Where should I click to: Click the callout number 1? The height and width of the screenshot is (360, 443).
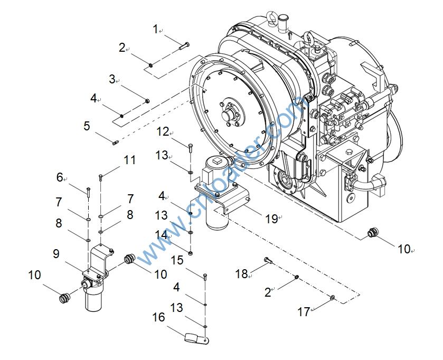(x=155, y=30)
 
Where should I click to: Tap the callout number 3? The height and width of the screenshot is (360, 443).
(x=112, y=79)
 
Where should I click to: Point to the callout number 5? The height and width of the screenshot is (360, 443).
(x=87, y=126)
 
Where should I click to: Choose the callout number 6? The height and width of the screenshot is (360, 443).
(x=60, y=177)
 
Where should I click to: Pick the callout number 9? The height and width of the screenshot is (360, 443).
(x=56, y=254)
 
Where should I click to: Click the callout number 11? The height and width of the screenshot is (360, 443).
(x=129, y=159)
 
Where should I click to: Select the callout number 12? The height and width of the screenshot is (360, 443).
(x=163, y=131)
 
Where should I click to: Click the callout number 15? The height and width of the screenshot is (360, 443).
(x=177, y=260)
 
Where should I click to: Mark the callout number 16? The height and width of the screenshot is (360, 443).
(x=158, y=317)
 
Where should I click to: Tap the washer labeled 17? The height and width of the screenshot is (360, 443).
(x=332, y=299)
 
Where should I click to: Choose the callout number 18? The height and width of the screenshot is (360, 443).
(x=241, y=273)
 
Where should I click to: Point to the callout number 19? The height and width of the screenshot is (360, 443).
(x=271, y=219)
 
